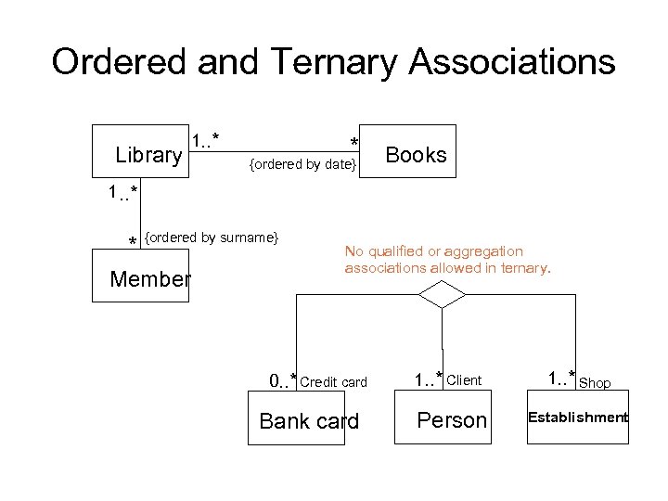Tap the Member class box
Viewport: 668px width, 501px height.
point(140,276)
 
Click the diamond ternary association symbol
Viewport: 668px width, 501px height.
point(442,295)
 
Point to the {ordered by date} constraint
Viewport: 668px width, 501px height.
point(302,164)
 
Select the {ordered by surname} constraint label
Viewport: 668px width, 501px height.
point(212,238)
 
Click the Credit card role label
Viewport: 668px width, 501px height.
point(334,382)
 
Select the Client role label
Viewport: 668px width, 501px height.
point(464,380)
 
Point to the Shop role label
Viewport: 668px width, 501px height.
point(595,382)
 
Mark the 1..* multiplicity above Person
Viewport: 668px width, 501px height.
point(428,379)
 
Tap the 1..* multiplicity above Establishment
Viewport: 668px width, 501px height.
point(561,379)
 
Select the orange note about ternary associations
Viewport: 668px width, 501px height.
point(447,260)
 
